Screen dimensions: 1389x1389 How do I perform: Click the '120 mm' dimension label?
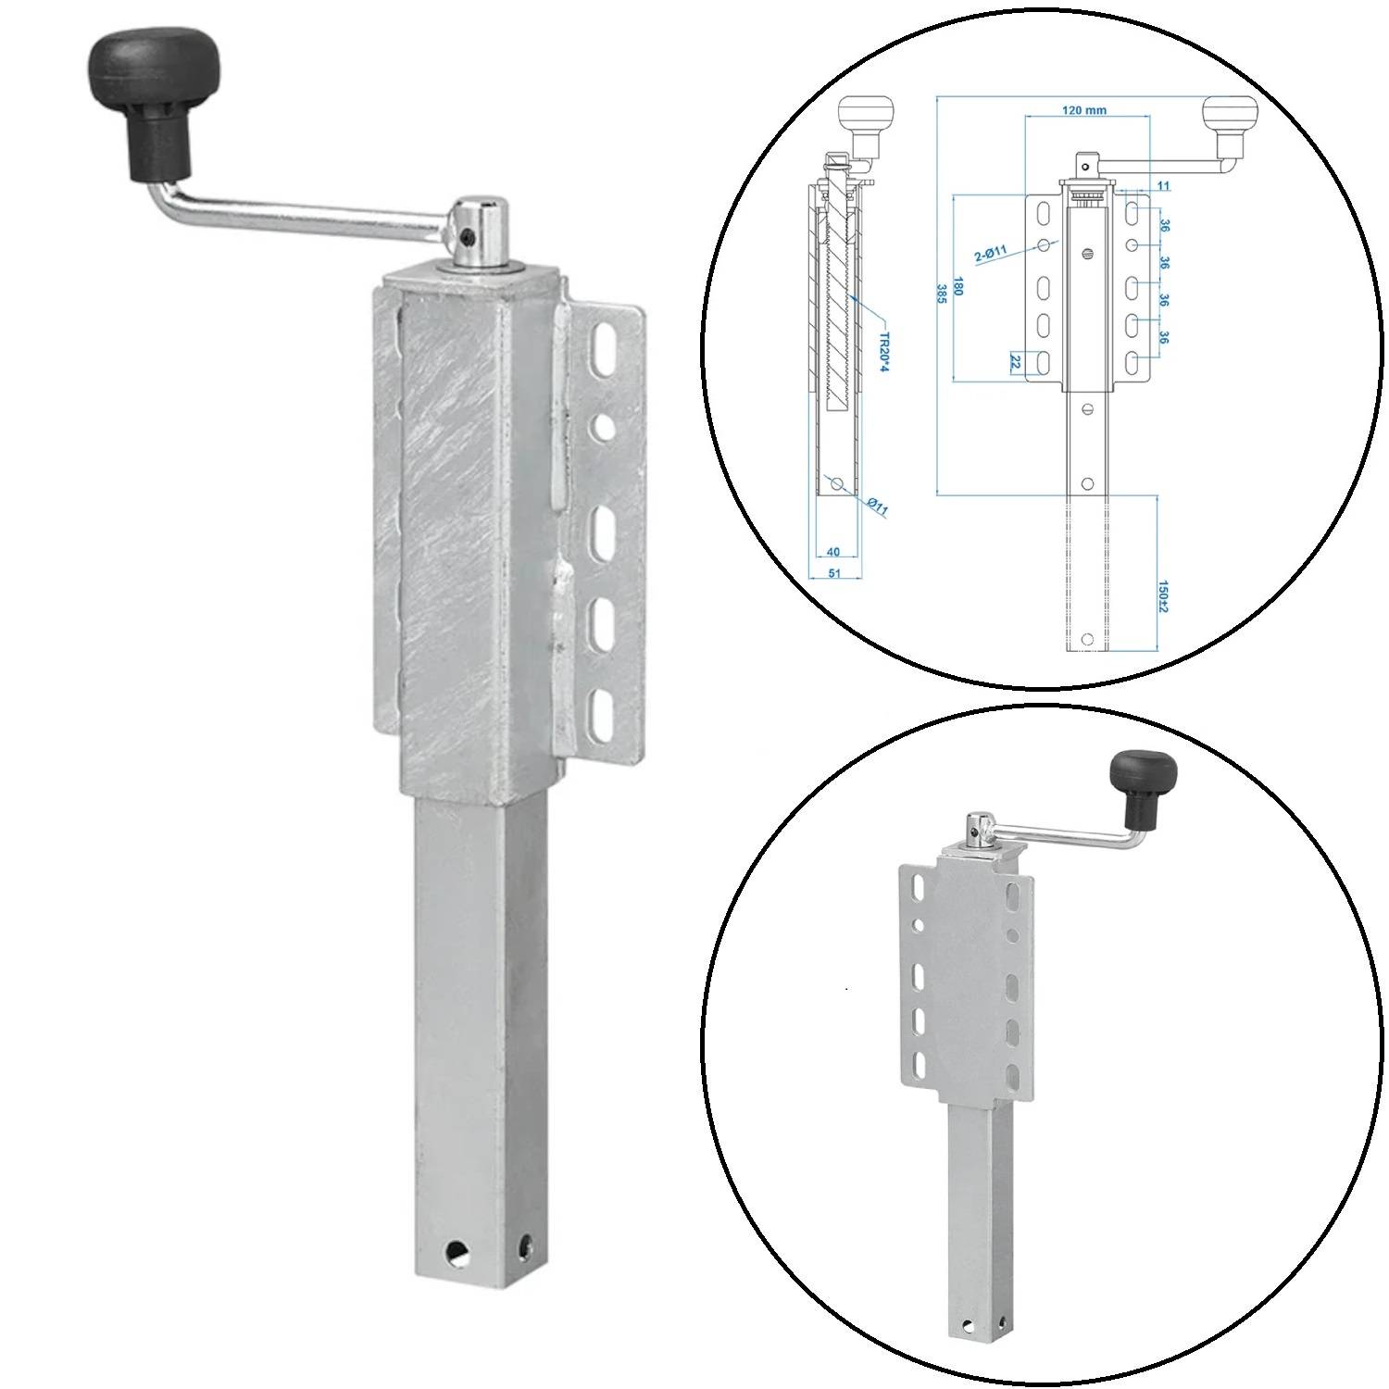[1083, 110]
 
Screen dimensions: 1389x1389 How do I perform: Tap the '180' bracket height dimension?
[958, 289]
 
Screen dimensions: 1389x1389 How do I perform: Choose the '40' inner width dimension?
[832, 553]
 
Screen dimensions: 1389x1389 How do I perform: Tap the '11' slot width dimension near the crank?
[1163, 186]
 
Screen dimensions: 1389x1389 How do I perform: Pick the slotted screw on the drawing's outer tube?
[1088, 252]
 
